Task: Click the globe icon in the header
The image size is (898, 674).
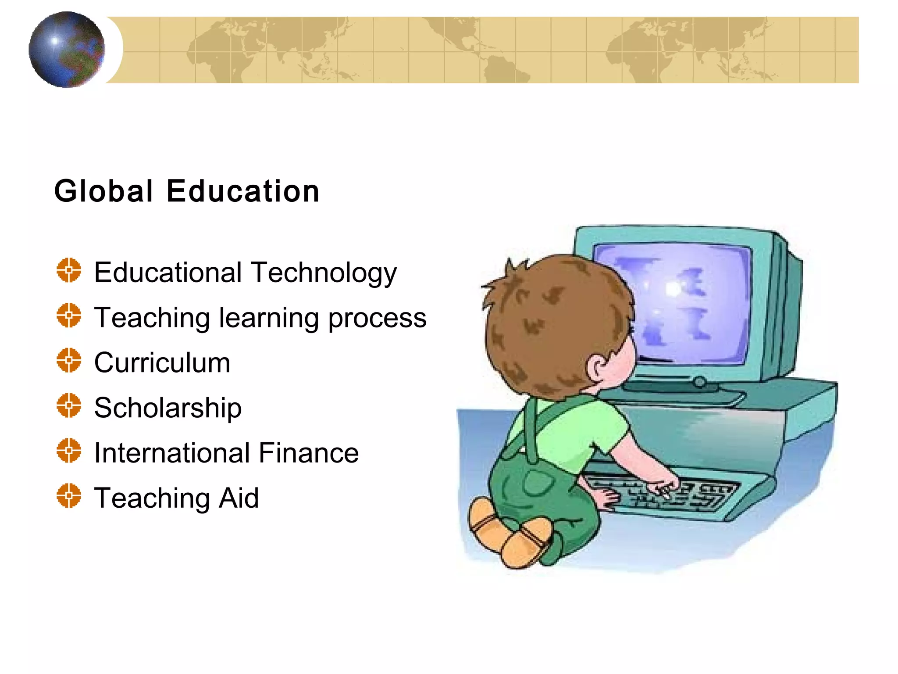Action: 67,50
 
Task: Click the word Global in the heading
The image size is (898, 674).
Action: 103,191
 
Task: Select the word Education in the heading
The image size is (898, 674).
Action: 243,191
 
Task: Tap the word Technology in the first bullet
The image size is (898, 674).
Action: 324,273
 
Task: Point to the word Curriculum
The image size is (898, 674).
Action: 162,363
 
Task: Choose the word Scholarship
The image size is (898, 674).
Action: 167,408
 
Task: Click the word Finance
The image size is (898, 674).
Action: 309,453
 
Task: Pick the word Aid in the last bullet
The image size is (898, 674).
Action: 239,498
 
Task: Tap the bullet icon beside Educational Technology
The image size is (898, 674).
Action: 69,270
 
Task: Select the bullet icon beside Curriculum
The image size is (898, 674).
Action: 69,360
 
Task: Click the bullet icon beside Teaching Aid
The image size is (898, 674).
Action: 69,495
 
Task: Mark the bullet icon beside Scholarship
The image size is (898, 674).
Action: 69,405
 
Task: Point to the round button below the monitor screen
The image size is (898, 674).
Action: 700,382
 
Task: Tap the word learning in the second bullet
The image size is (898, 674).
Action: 269,318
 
